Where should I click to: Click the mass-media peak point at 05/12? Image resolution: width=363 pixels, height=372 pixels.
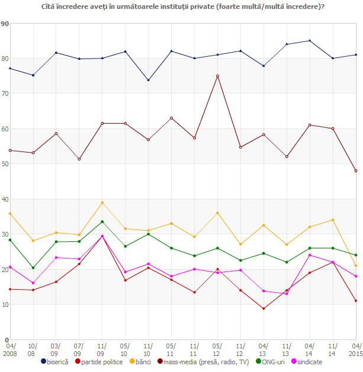[x=217, y=76]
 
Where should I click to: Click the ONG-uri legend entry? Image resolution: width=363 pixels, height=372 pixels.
[x=273, y=361]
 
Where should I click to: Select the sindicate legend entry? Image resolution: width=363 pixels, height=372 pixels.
[x=309, y=361]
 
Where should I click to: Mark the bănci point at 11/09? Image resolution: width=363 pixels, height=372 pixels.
[x=102, y=202]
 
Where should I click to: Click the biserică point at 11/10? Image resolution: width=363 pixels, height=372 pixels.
[x=148, y=80]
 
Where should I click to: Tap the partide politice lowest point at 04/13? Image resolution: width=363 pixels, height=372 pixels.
[x=264, y=309]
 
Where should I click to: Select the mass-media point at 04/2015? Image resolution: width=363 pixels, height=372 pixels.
[x=356, y=171]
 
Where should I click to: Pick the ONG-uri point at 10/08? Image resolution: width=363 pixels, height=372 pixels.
[x=33, y=268]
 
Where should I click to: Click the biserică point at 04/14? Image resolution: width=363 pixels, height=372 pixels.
[x=310, y=41]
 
